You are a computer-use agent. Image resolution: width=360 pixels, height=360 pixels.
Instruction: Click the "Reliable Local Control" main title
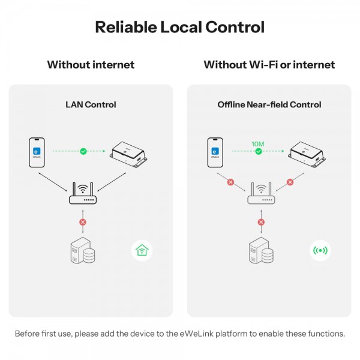coord(180,27)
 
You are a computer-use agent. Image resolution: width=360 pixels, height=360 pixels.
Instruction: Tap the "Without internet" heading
coord(91,65)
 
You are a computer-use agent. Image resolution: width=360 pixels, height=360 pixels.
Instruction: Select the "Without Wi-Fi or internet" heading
coord(269,65)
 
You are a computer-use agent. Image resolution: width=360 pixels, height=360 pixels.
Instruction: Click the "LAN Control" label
coord(91,104)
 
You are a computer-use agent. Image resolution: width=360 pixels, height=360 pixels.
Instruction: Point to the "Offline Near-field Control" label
coord(269,104)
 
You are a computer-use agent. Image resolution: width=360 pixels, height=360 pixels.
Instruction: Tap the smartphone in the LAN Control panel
coord(37,152)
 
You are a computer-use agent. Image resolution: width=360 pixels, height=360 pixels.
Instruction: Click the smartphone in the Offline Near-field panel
coord(215,152)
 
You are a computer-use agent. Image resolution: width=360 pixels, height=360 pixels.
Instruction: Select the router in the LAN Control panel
coord(83,193)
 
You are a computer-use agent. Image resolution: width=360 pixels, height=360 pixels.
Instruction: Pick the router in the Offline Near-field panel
coord(261,193)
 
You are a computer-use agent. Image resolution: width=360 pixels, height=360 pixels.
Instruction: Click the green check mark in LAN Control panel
coord(83,151)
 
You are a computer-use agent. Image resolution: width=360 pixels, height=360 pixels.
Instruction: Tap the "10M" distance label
coord(258,144)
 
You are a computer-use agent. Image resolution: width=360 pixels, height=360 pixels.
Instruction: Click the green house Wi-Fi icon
coord(142,250)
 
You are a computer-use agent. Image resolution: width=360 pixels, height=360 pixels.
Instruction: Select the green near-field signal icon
coord(320,250)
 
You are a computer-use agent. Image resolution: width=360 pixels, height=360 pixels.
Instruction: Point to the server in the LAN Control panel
coord(83,250)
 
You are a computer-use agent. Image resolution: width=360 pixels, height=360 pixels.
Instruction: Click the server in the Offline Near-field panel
coord(261,250)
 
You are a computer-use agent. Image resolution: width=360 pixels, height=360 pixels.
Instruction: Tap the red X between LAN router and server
coord(83,222)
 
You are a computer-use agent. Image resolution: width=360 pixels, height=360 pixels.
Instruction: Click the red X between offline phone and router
coord(231,182)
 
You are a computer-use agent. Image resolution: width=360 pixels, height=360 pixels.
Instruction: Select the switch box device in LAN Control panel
coord(128,154)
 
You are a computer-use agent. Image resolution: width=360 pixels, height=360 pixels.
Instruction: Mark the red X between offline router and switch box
coord(290,182)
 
